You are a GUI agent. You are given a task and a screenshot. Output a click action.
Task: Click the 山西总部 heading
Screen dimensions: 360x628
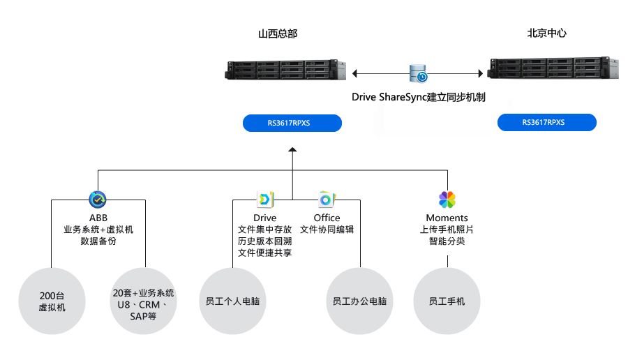tap(273, 33)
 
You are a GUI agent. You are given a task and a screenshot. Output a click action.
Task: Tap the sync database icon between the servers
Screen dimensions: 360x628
tap(419, 73)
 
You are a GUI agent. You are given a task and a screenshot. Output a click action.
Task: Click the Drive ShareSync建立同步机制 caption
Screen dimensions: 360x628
tap(418, 97)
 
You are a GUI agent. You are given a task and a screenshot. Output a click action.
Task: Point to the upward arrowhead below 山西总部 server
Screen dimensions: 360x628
tap(292, 149)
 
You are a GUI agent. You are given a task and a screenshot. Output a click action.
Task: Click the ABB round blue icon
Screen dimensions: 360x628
tap(98, 200)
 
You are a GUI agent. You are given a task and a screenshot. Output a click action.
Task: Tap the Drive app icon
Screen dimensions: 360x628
tap(265, 200)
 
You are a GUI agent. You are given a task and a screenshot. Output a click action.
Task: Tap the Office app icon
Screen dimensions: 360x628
tap(327, 200)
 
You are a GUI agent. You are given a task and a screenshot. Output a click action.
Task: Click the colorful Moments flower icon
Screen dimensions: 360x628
tap(447, 200)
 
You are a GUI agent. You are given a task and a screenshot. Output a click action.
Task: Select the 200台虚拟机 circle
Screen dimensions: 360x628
tap(52, 301)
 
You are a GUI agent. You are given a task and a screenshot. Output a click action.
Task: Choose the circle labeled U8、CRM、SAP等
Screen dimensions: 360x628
tap(144, 301)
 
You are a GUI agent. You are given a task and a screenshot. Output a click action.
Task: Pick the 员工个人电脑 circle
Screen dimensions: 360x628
tap(232, 301)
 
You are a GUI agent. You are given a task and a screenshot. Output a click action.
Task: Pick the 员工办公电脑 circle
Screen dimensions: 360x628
tap(360, 301)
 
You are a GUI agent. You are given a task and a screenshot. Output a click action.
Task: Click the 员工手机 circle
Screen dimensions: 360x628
tap(447, 301)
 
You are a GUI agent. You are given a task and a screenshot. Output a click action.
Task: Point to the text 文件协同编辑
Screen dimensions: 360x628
tap(327, 230)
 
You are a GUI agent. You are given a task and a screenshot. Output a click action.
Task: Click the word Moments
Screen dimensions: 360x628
tap(447, 218)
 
